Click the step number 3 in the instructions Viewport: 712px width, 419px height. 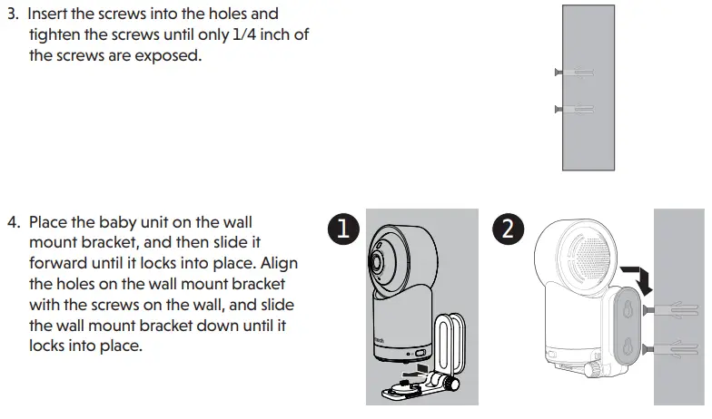[x=12, y=15]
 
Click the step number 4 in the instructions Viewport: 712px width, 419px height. [x=12, y=222]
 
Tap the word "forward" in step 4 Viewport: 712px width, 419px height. [x=59, y=263]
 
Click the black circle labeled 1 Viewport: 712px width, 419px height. [x=341, y=229]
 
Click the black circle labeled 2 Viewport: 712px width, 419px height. [x=507, y=229]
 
